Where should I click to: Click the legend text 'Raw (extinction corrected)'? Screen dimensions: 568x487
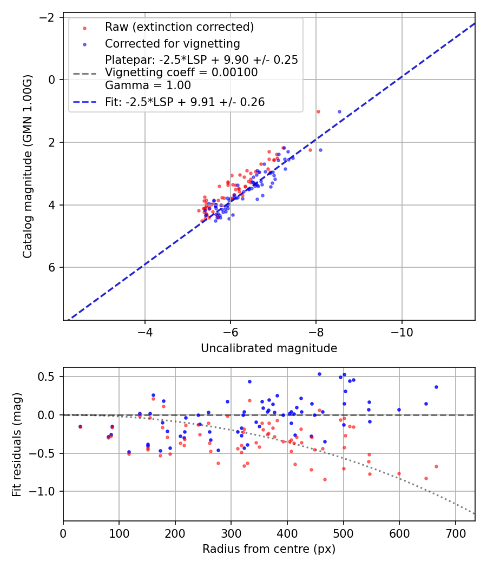pyautogui.click(x=179, y=27)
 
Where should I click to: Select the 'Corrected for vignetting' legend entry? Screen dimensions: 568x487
pyautogui.click(x=172, y=43)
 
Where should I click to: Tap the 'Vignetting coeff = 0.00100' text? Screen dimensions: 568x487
pyautogui.click(x=181, y=72)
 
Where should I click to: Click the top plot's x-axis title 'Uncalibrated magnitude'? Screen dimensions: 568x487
pyautogui.click(x=269, y=348)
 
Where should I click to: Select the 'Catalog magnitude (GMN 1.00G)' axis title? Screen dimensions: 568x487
pyautogui.click(x=28, y=166)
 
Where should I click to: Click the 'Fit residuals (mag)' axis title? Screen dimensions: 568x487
pyautogui.click(x=17, y=444)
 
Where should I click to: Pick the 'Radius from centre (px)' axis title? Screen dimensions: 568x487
pyautogui.click(x=269, y=549)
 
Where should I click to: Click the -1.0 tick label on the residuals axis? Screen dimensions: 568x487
pyautogui.click(x=47, y=491)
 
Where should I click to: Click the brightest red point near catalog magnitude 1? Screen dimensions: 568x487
pyautogui.click(x=318, y=111)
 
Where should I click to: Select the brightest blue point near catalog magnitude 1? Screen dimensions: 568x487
pyautogui.click(x=339, y=111)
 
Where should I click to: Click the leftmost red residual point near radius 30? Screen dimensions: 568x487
pyautogui.click(x=80, y=427)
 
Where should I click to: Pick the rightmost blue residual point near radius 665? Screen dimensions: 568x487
pyautogui.click(x=436, y=387)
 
